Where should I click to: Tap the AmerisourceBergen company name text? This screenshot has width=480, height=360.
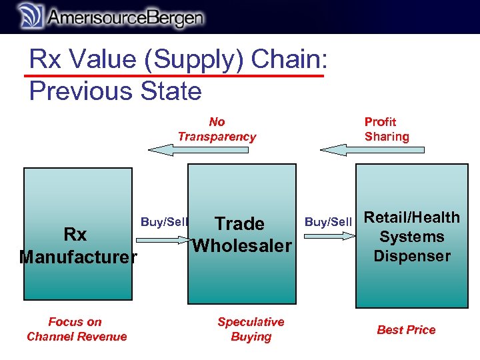point(123,17)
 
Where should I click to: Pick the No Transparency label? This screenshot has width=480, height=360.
point(217,129)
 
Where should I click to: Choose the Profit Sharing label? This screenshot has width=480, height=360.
point(387,129)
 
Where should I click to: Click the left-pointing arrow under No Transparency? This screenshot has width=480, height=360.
point(198,151)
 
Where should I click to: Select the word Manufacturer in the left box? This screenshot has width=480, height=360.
point(78,257)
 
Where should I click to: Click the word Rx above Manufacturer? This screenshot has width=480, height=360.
point(75,235)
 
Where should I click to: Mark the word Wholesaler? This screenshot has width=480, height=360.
point(242,246)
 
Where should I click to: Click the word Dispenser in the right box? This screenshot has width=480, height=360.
point(411,256)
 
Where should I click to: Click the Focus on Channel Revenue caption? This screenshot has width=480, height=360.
point(77,329)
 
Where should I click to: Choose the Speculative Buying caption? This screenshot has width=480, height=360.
point(251,329)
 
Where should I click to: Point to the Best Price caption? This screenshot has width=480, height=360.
point(406,330)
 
